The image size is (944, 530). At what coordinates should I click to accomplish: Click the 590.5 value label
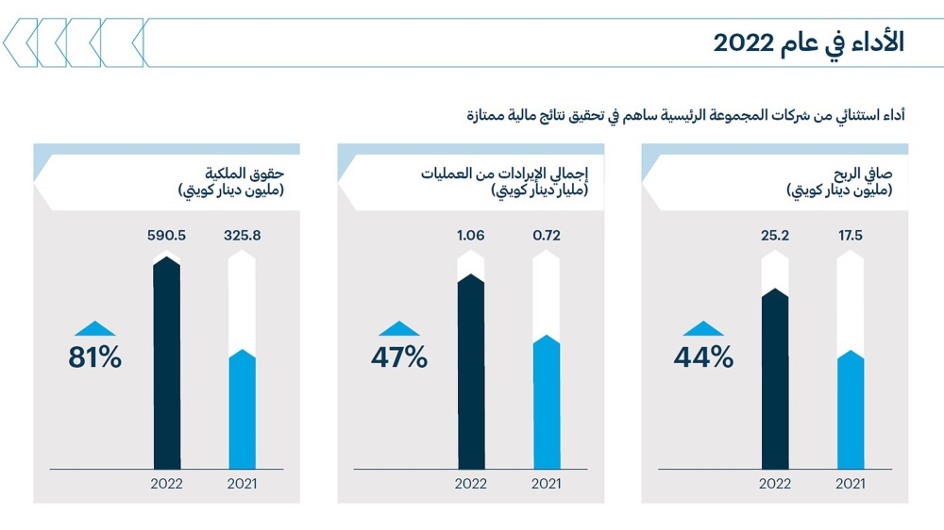point(166,235)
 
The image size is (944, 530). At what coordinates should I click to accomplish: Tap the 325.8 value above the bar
point(243,235)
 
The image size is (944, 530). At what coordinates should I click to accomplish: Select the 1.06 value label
point(470,235)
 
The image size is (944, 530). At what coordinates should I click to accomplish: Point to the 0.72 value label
point(547,235)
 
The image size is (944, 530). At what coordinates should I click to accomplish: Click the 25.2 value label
point(775,235)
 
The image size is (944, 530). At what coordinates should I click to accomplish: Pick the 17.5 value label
point(851,235)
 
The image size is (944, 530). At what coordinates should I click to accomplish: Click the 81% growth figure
point(94,358)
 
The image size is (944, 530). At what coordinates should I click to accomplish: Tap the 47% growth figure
point(399,358)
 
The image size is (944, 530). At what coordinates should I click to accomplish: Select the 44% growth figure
point(703,358)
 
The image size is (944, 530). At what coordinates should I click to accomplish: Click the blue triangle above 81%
point(94,329)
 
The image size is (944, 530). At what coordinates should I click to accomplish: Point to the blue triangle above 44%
point(703,329)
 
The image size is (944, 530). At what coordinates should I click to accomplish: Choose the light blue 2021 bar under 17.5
point(851,411)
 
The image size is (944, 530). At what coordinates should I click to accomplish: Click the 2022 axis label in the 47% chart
point(470,485)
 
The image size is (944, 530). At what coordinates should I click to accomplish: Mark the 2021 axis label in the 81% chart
point(243,485)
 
